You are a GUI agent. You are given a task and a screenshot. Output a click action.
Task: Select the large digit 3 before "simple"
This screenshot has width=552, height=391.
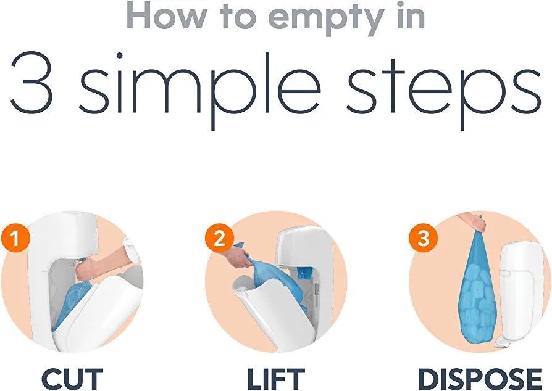32,83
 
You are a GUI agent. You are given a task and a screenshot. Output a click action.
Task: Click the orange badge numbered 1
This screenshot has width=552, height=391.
15,238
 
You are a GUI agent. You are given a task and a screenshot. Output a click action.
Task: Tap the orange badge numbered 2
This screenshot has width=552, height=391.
219,238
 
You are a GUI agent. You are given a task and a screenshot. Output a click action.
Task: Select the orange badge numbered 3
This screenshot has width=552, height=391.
423,238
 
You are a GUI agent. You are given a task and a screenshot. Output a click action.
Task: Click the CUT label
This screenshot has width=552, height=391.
72,379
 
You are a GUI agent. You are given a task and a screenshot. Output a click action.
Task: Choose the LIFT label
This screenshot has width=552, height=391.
275,379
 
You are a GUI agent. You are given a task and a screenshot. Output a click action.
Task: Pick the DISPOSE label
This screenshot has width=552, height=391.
480,379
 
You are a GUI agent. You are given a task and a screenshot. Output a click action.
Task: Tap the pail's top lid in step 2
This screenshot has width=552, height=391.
303,248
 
